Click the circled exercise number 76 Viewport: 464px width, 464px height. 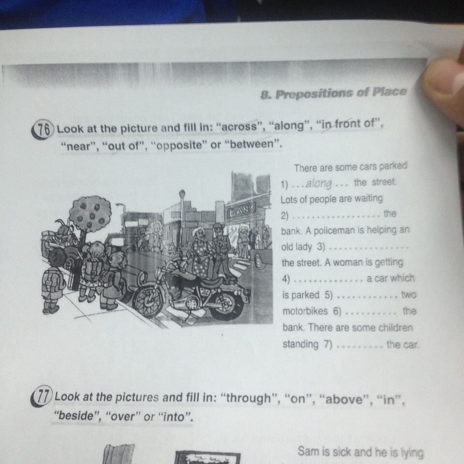coord(43,130)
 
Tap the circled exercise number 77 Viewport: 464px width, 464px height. coord(42,396)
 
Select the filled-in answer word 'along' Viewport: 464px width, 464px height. coord(319,184)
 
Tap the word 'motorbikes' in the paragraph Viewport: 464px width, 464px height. coord(305,311)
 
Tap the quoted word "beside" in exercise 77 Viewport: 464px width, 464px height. coord(77,416)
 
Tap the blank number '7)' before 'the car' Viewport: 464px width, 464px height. coord(328,344)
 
